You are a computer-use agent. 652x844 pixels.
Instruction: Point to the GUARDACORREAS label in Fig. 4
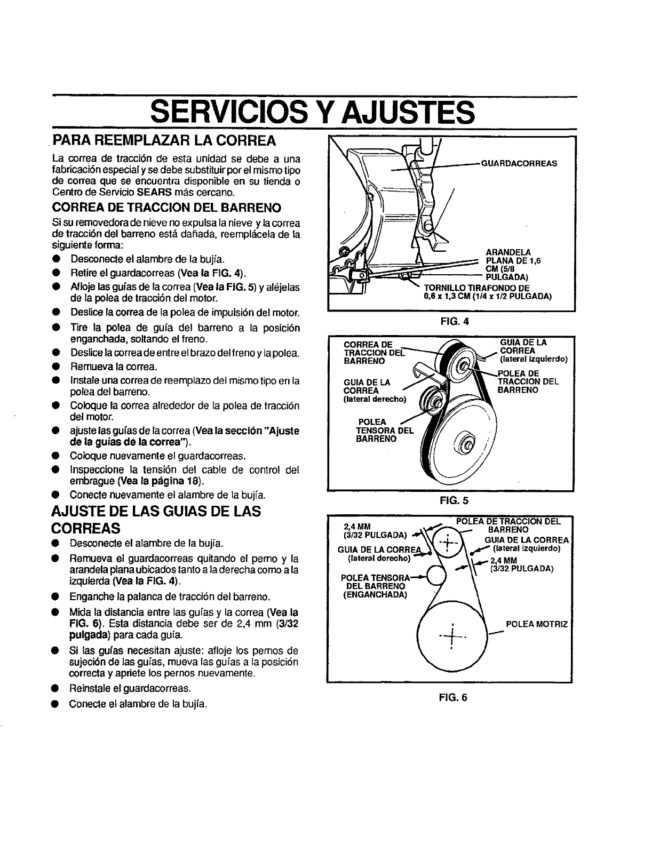[x=519, y=163]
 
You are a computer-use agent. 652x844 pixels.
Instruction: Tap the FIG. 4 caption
[x=451, y=322]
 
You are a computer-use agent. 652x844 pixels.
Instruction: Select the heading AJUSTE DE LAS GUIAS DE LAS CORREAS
[x=155, y=519]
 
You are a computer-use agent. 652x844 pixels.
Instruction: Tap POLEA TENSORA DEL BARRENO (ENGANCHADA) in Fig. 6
[x=374, y=586]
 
